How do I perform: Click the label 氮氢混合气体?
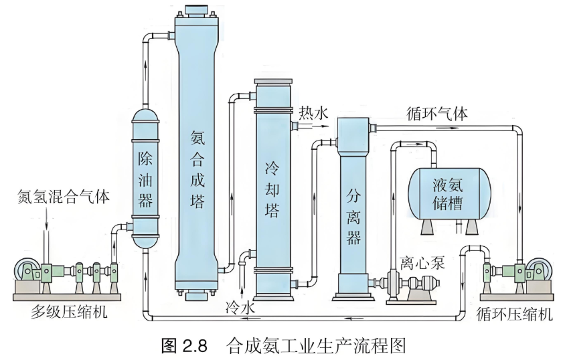tap(63, 197)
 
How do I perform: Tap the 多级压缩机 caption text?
tap(69, 311)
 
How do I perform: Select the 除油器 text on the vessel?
tap(145, 179)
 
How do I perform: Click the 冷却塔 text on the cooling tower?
tap(272, 189)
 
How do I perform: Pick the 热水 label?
tap(313, 113)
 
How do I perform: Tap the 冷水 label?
tap(240, 308)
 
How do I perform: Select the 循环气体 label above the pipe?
tap(437, 114)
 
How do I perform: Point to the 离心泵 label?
tap(422, 263)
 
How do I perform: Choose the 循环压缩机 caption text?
tap(514, 314)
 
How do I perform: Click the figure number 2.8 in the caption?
tap(195, 347)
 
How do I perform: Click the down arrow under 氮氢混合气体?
tap(46, 219)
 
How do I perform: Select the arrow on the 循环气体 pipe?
tap(441, 128)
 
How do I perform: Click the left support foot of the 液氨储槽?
tap(427, 226)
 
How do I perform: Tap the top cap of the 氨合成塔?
tap(197, 11)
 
